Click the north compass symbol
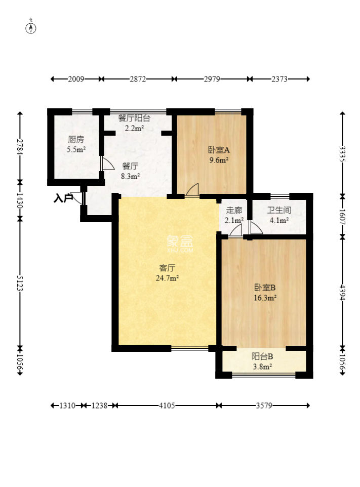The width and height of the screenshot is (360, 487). coord(31,27)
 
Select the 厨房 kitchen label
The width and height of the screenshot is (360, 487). coord(76,139)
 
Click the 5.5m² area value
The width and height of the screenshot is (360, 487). coord(76,150)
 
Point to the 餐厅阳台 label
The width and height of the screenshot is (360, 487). coord(134,118)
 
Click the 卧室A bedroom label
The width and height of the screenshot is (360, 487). coord(219,150)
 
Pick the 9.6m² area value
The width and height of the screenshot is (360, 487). coord(219,160)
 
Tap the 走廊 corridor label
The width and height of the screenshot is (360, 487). coord(234,210)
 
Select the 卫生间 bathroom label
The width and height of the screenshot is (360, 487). coord(279,210)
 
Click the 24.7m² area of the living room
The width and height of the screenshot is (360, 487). coord(167,278)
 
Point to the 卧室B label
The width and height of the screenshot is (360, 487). coord(265,288)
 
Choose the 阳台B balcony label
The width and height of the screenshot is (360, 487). coord(262,356)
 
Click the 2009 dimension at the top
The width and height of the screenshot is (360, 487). coord(76,79)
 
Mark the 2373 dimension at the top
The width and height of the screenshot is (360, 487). coord(279,79)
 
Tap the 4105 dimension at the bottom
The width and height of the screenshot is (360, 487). coord(167,405)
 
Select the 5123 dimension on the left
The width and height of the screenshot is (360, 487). coord(20,283)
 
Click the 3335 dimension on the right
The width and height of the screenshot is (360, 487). coord(342,154)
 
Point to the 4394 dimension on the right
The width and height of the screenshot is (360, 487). coord(342,292)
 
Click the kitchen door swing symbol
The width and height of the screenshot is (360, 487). coord(107,164)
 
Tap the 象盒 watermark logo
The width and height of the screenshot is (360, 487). coord(180,243)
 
